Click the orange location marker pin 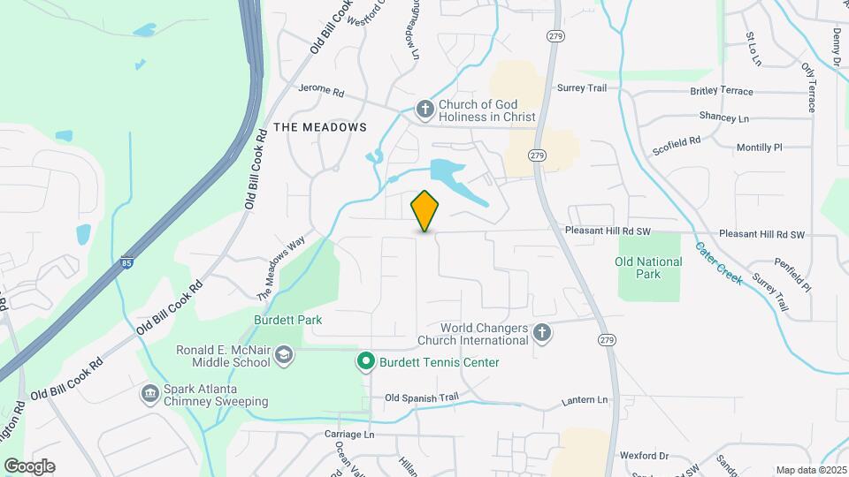tap(425, 210)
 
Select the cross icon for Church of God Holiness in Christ tap(425, 110)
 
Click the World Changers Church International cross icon tap(543, 333)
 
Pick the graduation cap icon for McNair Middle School tap(284, 355)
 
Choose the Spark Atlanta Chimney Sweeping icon tap(150, 392)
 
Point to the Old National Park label tap(649, 268)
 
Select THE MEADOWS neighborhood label tap(320, 127)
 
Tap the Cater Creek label tap(718, 262)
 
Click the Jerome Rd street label tap(320, 91)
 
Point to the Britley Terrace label tap(721, 91)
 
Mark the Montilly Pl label tap(759, 148)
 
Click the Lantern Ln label tap(585, 400)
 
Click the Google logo tap(29, 466)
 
